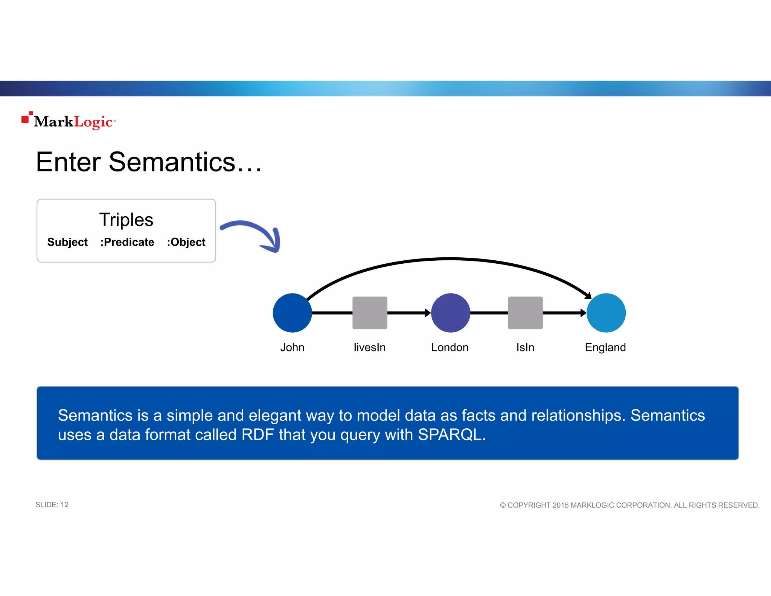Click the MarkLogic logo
coord(69,121)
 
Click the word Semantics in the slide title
coord(172,162)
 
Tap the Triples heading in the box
coord(126,220)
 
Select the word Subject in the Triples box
coord(67,242)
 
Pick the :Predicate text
coord(127,242)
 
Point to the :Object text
coord(186,242)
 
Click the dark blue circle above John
coord(292,313)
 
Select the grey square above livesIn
coord(370,313)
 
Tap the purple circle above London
coord(450,313)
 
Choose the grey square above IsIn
coord(525,313)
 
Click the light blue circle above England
coord(606,313)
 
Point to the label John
coord(292,347)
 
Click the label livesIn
coord(370,347)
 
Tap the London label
coord(450,347)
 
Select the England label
coord(605,347)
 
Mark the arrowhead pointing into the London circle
coord(428,313)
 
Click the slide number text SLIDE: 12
coord(52,505)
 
